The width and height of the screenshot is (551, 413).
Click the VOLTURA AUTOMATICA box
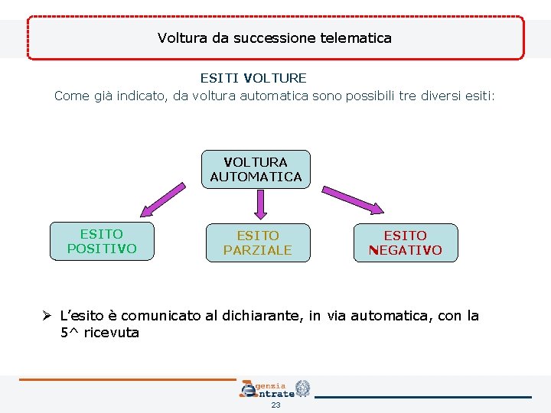[256, 169]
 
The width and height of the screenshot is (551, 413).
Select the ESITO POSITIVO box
[102, 241]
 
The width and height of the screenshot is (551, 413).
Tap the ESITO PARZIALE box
[258, 242]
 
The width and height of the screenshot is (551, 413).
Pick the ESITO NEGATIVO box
[405, 242]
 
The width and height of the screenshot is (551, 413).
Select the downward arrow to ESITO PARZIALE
[261, 204]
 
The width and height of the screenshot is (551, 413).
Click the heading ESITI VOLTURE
[253, 78]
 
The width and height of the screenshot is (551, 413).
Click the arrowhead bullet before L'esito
[47, 316]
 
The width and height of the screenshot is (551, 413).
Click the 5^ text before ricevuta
[70, 333]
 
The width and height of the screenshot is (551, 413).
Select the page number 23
[275, 405]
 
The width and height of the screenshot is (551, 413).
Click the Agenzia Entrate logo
[266, 389]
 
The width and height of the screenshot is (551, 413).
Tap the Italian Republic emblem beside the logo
[303, 387]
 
